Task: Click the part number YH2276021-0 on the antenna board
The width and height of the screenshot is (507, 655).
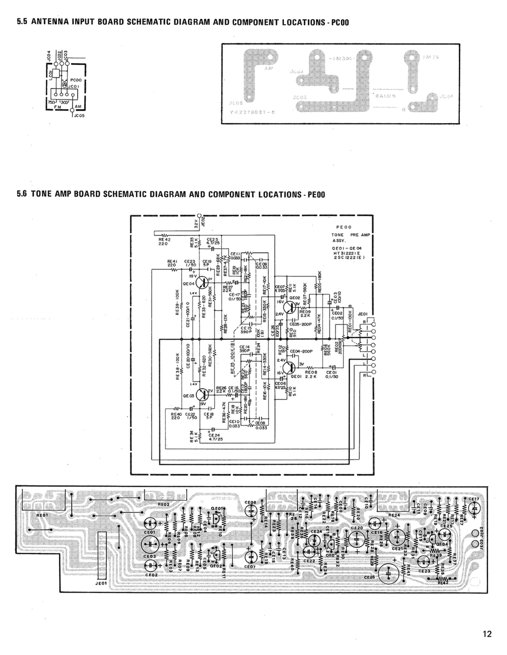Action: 252,112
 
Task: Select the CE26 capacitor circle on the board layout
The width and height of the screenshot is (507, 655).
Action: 388,573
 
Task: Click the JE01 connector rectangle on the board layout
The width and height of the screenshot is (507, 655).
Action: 102,555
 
